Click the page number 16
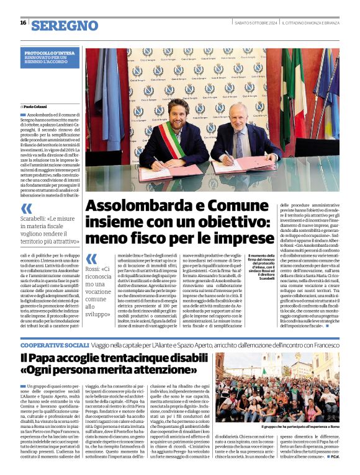pyautogui.click(x=23, y=22)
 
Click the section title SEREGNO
pyautogui.click(x=64, y=25)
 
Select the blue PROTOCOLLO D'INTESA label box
pyautogui.click(x=50, y=57)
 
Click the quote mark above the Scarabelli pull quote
pyautogui.click(x=27, y=209)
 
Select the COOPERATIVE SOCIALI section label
pyautogui.click(x=55, y=344)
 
